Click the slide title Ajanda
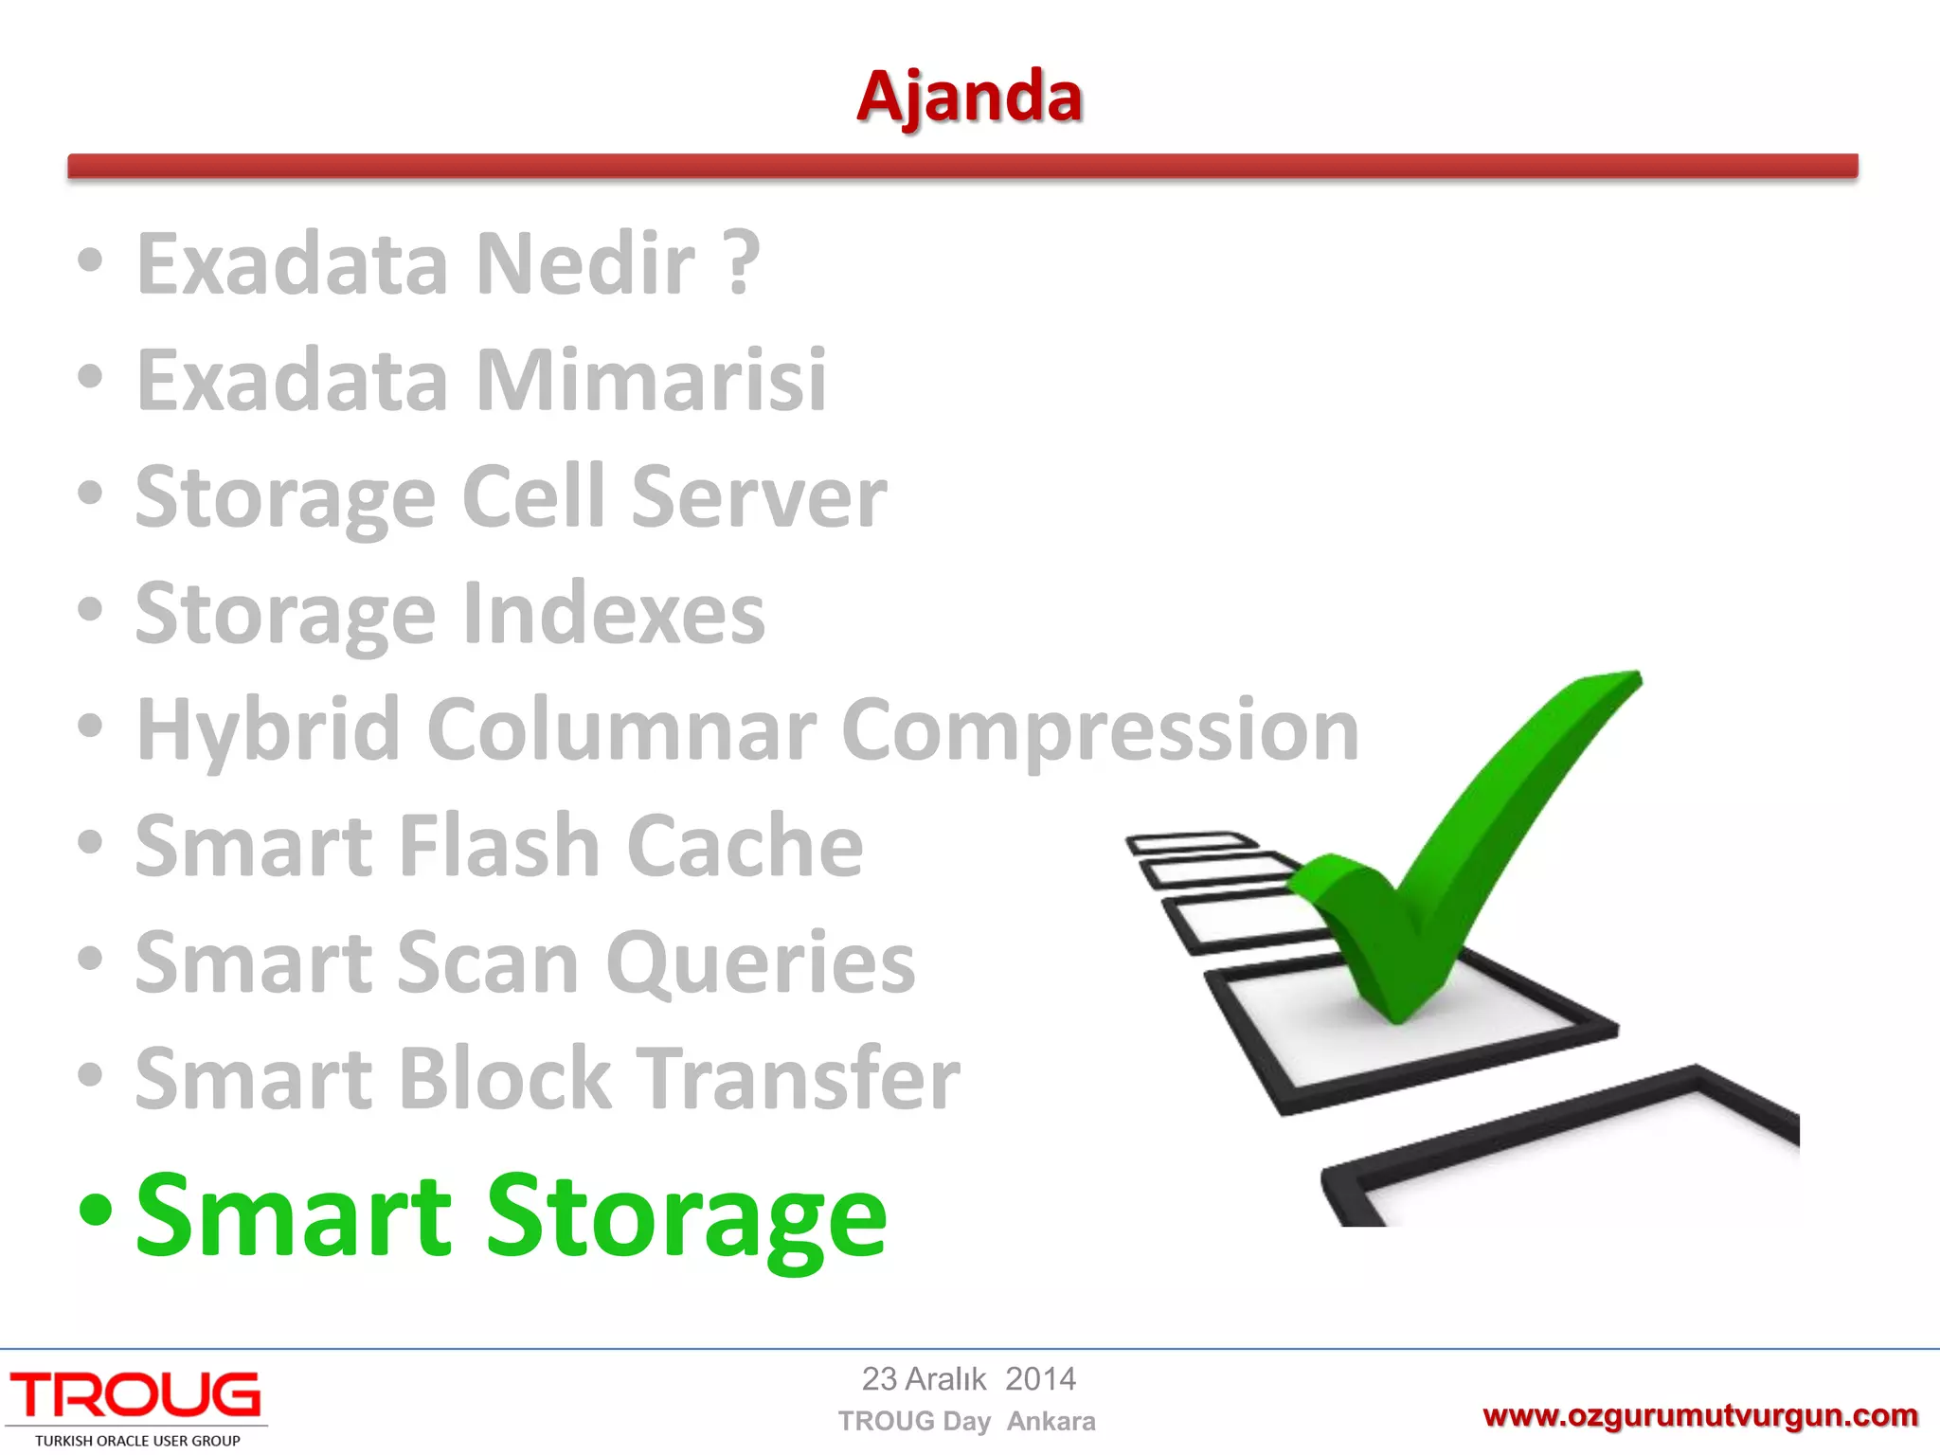click(x=969, y=97)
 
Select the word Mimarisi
click(x=652, y=380)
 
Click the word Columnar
click(x=621, y=729)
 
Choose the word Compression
click(x=1100, y=729)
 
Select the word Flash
click(x=498, y=845)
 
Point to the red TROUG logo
click(x=135, y=1396)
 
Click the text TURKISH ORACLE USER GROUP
click(x=137, y=1441)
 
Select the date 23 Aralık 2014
click(x=968, y=1379)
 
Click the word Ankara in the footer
click(x=1051, y=1421)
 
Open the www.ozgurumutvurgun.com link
click(x=1699, y=1416)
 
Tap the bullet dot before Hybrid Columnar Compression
click(x=90, y=726)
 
